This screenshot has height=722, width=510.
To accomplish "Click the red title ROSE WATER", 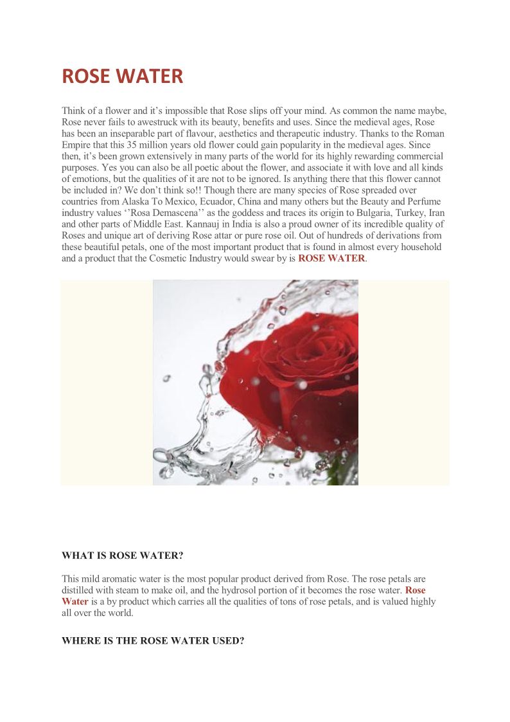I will [122, 77].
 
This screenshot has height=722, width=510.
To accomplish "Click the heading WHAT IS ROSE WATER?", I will [123, 555].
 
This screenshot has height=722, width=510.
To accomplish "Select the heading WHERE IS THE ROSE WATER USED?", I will [153, 640].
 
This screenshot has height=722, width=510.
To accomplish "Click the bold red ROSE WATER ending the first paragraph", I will [331, 258].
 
